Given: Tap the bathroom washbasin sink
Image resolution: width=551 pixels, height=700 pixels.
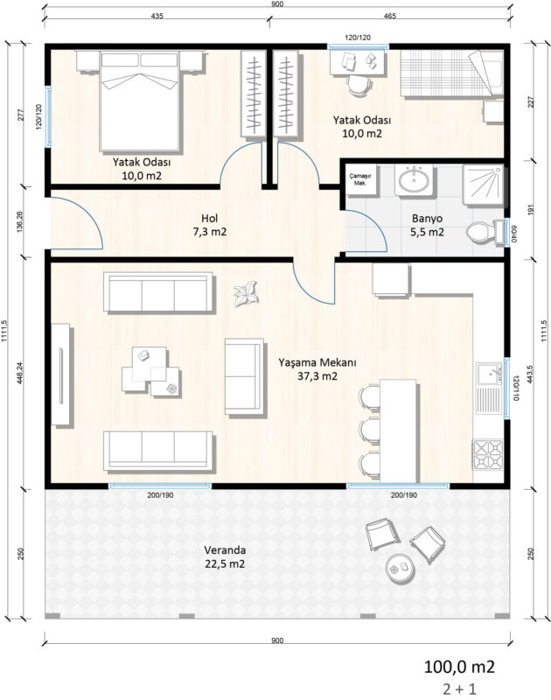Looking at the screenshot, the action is [414, 180].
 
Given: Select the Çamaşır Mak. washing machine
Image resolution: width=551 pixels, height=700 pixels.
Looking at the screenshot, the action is [361, 179].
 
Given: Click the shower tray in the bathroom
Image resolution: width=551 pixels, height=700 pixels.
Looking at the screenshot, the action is [483, 184].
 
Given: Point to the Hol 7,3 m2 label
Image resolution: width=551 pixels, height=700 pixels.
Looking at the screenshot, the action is [210, 225].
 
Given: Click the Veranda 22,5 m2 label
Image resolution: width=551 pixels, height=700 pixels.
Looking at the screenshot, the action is [225, 556].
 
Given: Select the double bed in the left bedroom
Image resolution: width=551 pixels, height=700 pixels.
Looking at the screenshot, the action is [141, 101].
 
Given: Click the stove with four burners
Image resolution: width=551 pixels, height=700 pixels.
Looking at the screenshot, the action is [489, 455].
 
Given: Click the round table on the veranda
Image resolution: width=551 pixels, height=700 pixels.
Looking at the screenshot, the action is [401, 568].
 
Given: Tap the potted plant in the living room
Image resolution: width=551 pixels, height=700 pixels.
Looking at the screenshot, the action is [245, 294].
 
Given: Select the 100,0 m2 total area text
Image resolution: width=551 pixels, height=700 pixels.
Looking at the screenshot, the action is [459, 667].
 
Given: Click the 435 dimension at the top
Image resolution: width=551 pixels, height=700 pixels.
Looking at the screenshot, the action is [157, 16].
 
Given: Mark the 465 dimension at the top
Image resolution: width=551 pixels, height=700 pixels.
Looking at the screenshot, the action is [389, 16].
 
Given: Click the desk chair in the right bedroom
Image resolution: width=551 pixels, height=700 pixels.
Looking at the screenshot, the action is [359, 85].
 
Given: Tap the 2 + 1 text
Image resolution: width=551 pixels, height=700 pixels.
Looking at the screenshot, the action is [459, 689].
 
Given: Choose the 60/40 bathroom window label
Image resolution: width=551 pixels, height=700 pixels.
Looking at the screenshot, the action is [514, 233].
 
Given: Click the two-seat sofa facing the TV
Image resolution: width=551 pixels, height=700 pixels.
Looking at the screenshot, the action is [244, 377].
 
